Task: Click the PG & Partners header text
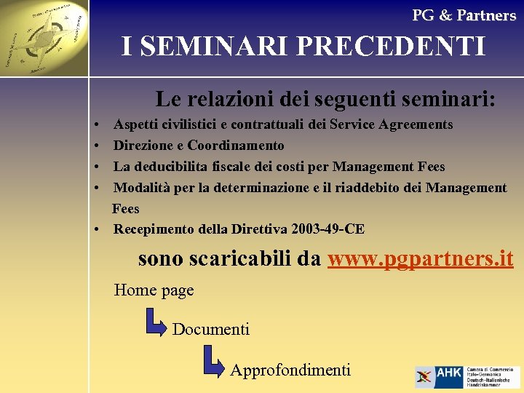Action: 464,15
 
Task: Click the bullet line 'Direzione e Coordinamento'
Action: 199,146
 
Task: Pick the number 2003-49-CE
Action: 327,229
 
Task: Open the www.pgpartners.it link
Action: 421,258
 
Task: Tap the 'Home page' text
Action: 154,290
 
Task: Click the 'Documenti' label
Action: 211,330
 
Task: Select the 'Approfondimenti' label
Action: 290,370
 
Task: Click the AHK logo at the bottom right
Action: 467,376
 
